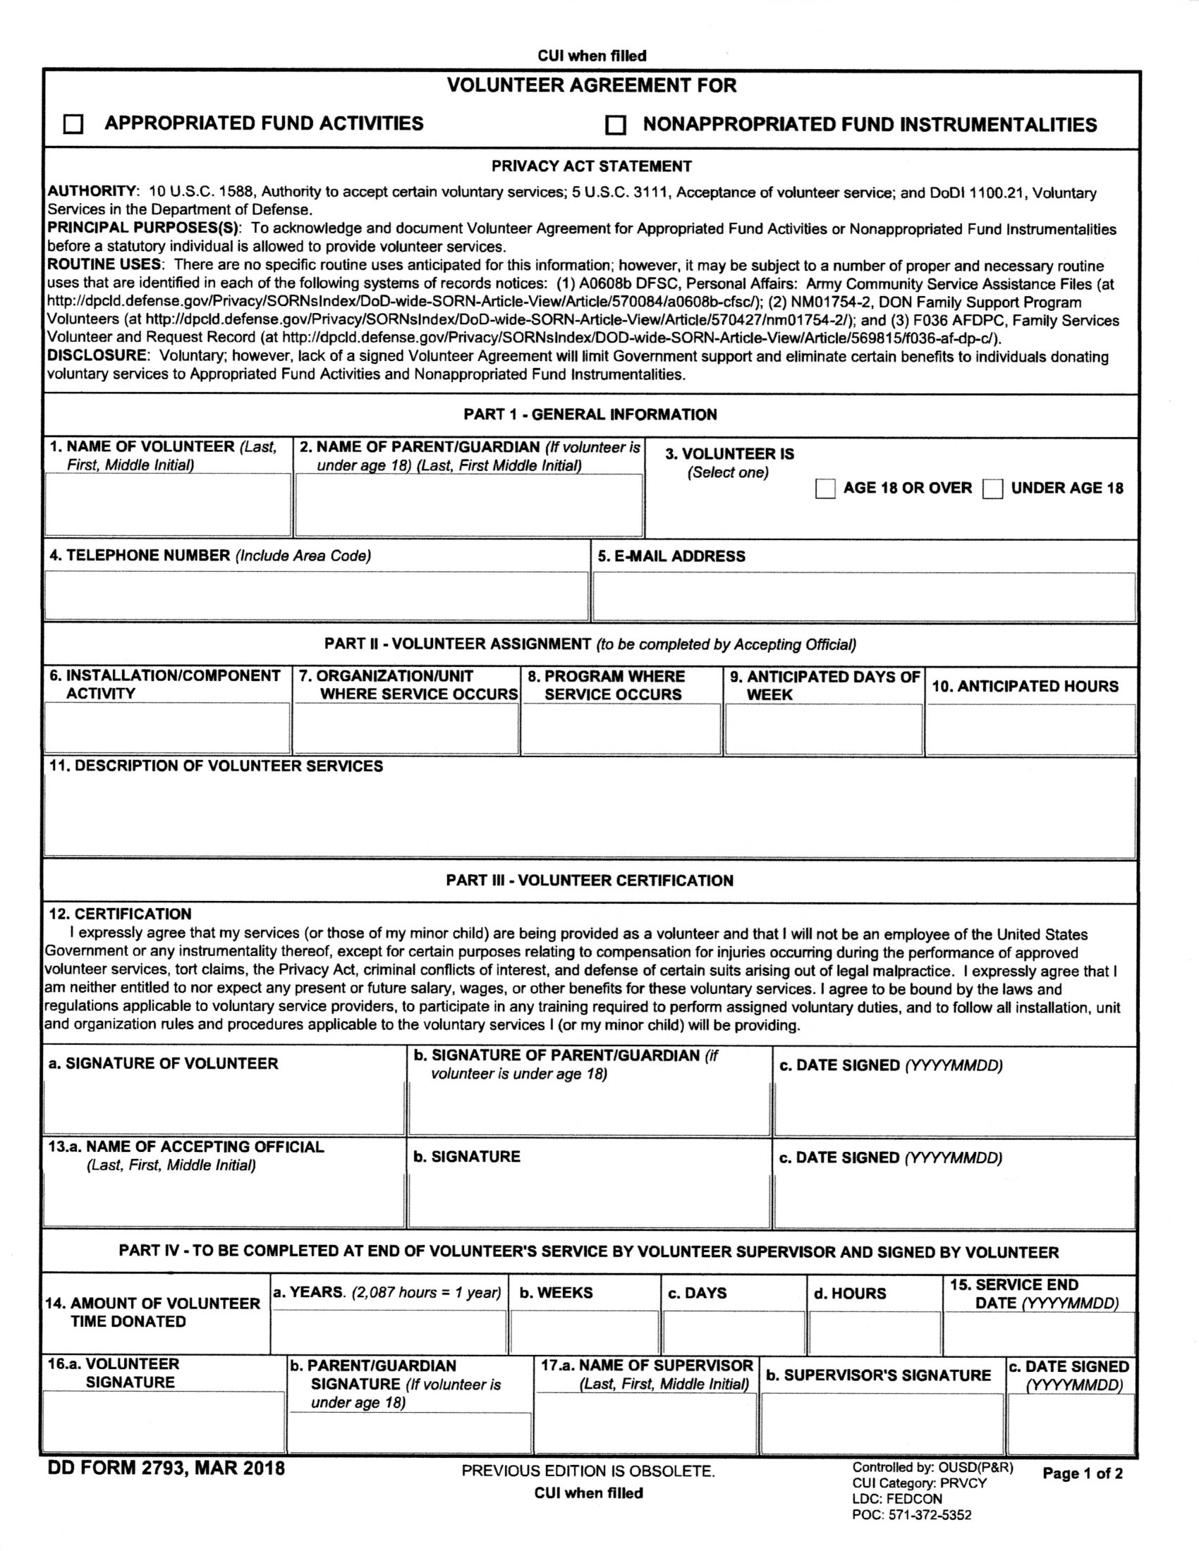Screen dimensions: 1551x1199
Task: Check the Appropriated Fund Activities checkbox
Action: coord(73,125)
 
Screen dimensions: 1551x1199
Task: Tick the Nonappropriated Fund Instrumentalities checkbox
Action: coord(615,125)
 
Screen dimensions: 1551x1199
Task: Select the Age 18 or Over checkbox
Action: coord(824,489)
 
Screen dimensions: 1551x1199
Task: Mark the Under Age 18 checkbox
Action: coord(992,489)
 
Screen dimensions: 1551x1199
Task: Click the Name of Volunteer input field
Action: coord(168,504)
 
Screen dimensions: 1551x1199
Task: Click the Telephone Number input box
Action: coord(316,596)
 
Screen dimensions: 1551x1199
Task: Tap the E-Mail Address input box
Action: coord(864,596)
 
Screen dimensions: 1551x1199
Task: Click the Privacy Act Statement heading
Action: coord(591,166)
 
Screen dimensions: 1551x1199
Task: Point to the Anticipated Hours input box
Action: coord(1030,730)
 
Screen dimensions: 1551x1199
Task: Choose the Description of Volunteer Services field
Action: coord(590,816)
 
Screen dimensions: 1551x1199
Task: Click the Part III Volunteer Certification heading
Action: coord(590,881)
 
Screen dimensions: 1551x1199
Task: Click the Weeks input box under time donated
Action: coord(585,1333)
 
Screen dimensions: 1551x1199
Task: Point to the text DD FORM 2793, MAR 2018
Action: coord(166,1469)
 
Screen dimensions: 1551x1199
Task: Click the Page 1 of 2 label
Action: coord(1083,1473)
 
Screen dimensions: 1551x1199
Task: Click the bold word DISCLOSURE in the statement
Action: coord(97,356)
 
